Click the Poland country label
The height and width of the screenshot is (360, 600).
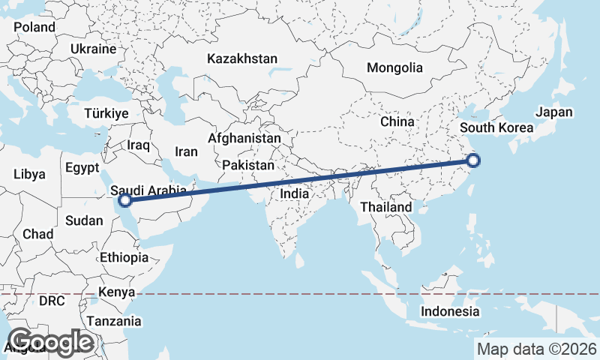click(34, 27)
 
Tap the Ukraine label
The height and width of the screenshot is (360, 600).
click(94, 49)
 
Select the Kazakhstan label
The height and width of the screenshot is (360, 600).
click(243, 58)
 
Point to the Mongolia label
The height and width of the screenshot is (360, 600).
click(394, 67)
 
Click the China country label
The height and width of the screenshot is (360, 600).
click(397, 121)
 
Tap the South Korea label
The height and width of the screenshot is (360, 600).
click(496, 127)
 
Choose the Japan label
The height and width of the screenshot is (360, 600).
click(554, 112)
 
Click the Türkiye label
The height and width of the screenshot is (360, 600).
click(106, 113)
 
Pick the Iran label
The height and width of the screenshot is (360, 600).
click(186, 151)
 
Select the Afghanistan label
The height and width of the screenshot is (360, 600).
click(244, 139)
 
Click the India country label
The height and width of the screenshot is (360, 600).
click(295, 193)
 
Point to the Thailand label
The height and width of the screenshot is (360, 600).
click(386, 207)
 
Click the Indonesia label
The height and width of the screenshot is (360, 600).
click(449, 311)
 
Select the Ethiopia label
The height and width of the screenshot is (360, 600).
click(124, 257)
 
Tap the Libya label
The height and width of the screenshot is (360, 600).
click(29, 174)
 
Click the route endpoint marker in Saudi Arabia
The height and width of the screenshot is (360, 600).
click(125, 200)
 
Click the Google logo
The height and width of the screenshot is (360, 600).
click(49, 343)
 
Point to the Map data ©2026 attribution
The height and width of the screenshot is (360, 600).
click(537, 349)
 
